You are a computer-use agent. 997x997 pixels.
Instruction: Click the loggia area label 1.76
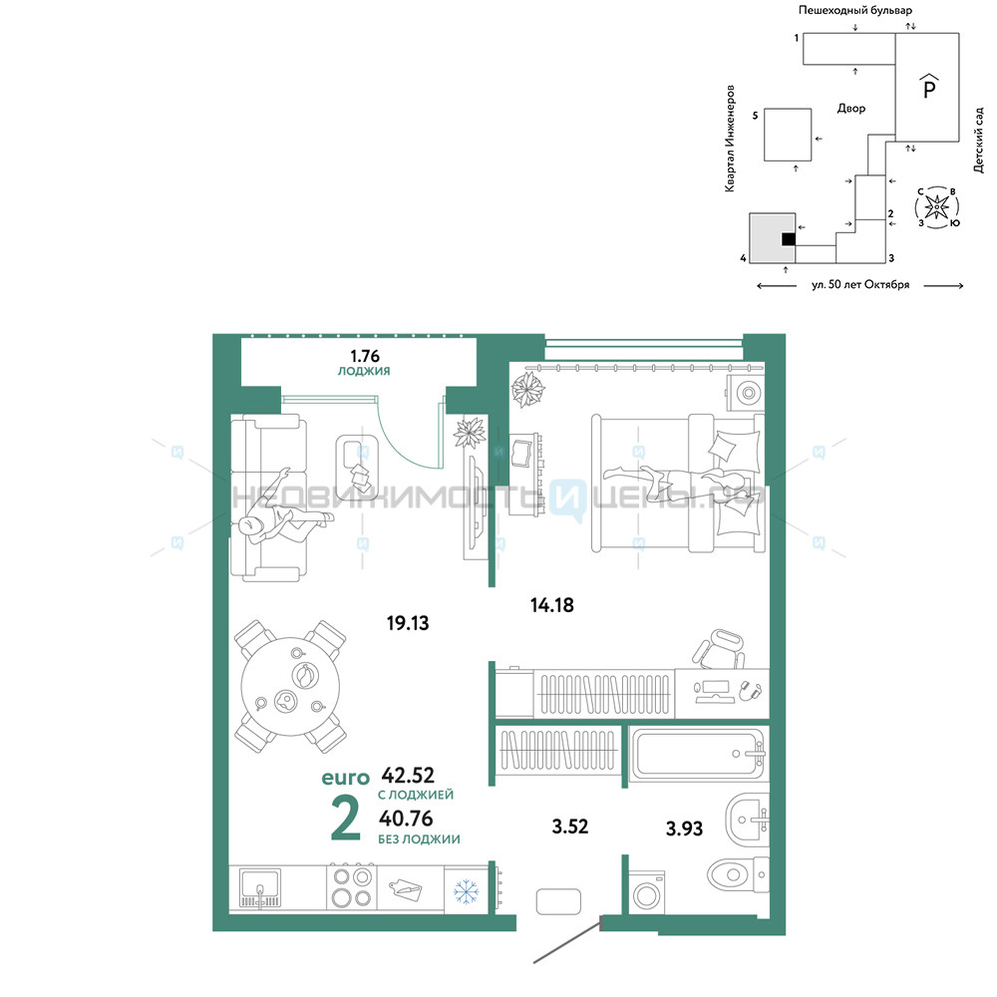click(364, 356)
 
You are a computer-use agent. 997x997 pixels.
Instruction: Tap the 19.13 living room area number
click(408, 622)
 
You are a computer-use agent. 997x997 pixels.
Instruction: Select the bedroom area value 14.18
click(552, 605)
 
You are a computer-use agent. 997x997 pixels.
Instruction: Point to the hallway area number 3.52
click(569, 826)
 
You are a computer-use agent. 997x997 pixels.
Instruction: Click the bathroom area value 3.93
click(684, 828)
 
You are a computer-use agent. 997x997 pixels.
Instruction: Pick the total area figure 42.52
click(408, 775)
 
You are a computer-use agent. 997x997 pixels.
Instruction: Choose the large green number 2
click(346, 819)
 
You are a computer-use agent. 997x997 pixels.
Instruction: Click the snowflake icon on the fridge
click(466, 891)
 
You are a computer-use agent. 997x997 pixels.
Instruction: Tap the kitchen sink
click(259, 888)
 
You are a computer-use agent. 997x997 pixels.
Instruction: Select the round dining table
click(290, 687)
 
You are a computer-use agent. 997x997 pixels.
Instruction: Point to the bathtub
click(699, 754)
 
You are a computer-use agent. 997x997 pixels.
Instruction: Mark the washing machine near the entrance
click(647, 893)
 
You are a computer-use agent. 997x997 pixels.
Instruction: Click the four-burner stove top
click(352, 887)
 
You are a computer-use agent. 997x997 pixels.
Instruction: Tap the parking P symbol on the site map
click(929, 86)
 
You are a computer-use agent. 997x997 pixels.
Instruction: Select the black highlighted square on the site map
click(789, 239)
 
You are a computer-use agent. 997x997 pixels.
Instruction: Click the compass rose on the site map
click(936, 206)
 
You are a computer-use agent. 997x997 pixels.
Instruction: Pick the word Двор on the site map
click(851, 109)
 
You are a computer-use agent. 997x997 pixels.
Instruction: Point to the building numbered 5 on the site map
click(788, 135)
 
